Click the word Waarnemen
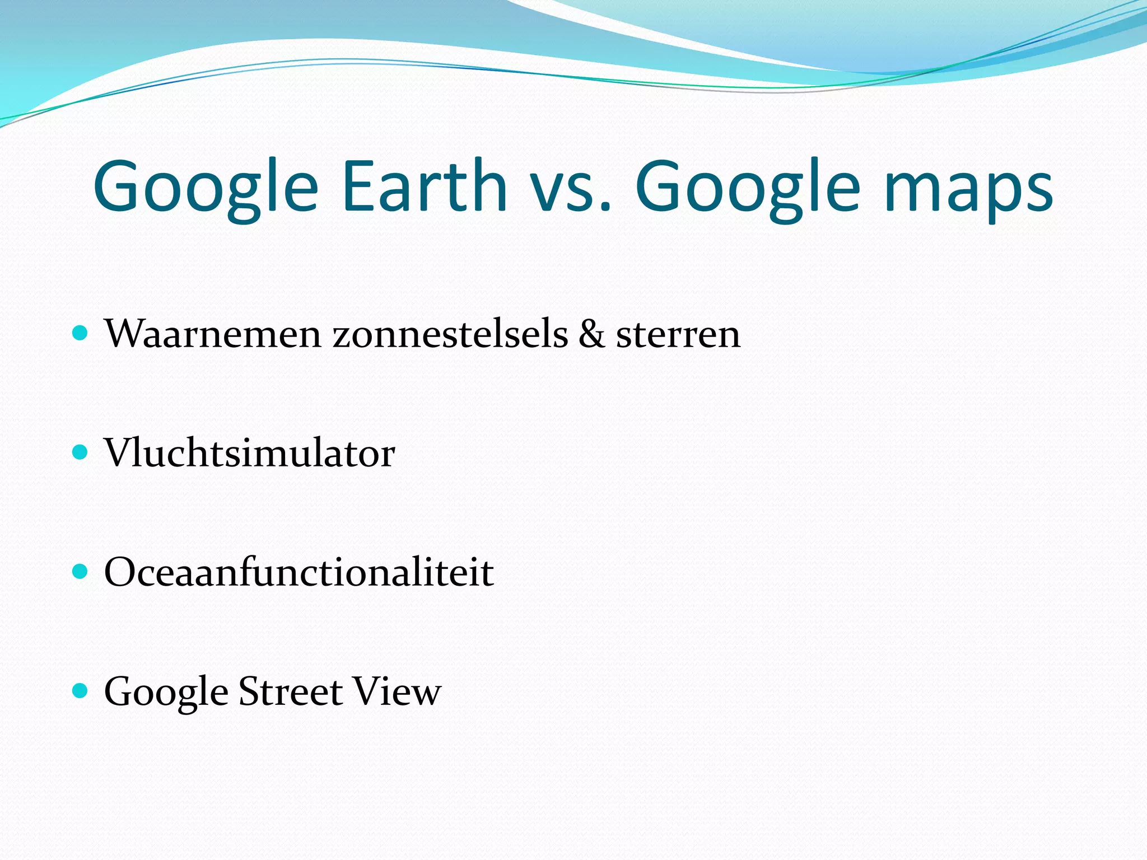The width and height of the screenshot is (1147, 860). [213, 334]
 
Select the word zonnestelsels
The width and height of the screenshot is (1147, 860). [450, 334]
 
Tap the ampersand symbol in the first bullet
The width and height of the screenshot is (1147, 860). [591, 334]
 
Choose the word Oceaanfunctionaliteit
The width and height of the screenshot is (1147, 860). [299, 572]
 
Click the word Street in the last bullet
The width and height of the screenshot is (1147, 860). [290, 691]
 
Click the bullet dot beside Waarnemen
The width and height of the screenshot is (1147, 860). [81, 334]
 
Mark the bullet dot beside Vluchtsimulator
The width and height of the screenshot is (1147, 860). [81, 452]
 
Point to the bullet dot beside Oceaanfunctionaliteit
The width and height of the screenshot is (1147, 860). [81, 572]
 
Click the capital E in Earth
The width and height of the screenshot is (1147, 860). [359, 186]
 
